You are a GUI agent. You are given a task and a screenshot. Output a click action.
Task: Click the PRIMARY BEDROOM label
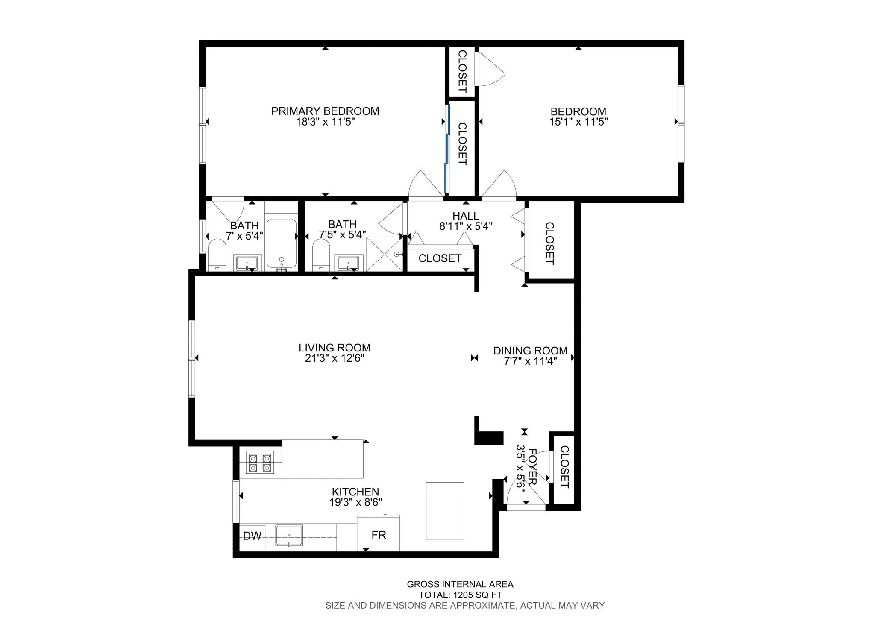click(x=325, y=111)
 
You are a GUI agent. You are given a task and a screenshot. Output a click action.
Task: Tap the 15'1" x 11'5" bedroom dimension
click(x=578, y=122)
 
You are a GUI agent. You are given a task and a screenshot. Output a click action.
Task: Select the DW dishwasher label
click(x=252, y=536)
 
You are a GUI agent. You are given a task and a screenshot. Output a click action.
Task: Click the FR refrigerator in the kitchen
click(x=379, y=535)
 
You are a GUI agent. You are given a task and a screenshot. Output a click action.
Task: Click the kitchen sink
click(x=289, y=536)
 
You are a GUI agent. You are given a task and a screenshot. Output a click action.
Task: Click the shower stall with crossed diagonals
click(x=385, y=254)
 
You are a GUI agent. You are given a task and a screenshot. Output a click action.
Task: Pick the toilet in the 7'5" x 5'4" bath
click(x=321, y=255)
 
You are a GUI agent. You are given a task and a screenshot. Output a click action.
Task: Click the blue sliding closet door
click(x=446, y=149)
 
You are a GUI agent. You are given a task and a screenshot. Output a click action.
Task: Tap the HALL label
click(x=466, y=216)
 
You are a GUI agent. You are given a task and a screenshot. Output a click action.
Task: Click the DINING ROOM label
click(x=530, y=351)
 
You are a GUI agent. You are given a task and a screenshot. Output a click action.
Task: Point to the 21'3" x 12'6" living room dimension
click(x=335, y=358)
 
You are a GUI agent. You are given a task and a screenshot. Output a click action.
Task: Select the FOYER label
click(x=532, y=466)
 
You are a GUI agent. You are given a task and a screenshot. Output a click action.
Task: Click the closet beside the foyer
click(x=564, y=468)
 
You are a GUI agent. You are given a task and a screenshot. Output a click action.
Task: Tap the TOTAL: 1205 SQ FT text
click(x=460, y=595)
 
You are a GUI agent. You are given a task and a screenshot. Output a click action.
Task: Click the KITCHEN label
click(x=355, y=492)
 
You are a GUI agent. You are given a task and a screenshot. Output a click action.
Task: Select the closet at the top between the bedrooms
click(x=462, y=71)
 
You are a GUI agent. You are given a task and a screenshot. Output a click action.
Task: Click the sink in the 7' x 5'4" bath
click(x=247, y=263)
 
